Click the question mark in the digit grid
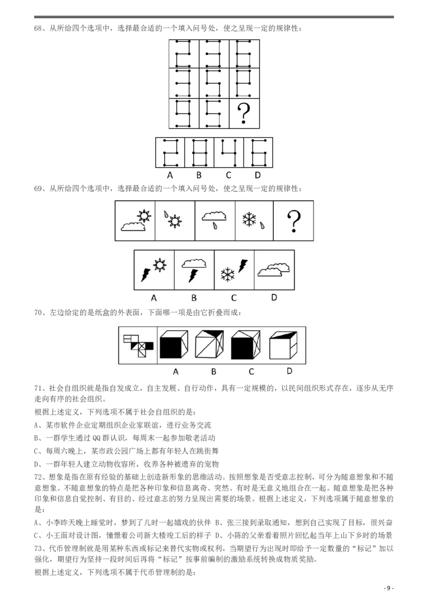244,113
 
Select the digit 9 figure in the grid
184,113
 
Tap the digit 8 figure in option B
198,153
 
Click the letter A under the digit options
170,175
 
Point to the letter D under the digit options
257,175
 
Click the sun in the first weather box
143,216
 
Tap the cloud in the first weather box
132,227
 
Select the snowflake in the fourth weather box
249,218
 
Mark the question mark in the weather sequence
294,222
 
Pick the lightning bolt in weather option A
146,274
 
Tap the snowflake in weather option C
228,275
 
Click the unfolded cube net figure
137,345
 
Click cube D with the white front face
284,345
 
